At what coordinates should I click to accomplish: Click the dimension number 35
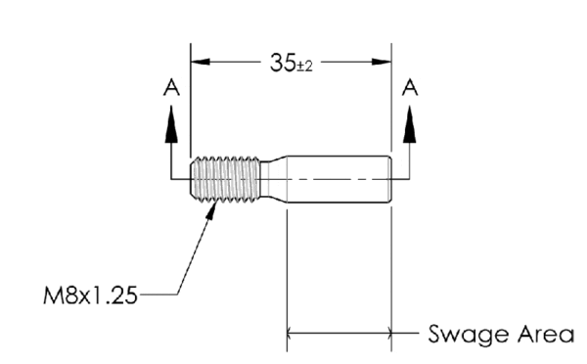point(282,63)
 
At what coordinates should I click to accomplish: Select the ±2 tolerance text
point(305,65)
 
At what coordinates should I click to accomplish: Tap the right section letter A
point(410,87)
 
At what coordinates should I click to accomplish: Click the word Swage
point(467,335)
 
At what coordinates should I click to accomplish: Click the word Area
point(542,334)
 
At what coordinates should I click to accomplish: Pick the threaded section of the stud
point(226,178)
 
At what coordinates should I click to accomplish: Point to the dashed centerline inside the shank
point(333,178)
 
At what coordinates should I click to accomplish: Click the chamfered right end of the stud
point(389,178)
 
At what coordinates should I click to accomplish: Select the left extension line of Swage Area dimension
point(287,274)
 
